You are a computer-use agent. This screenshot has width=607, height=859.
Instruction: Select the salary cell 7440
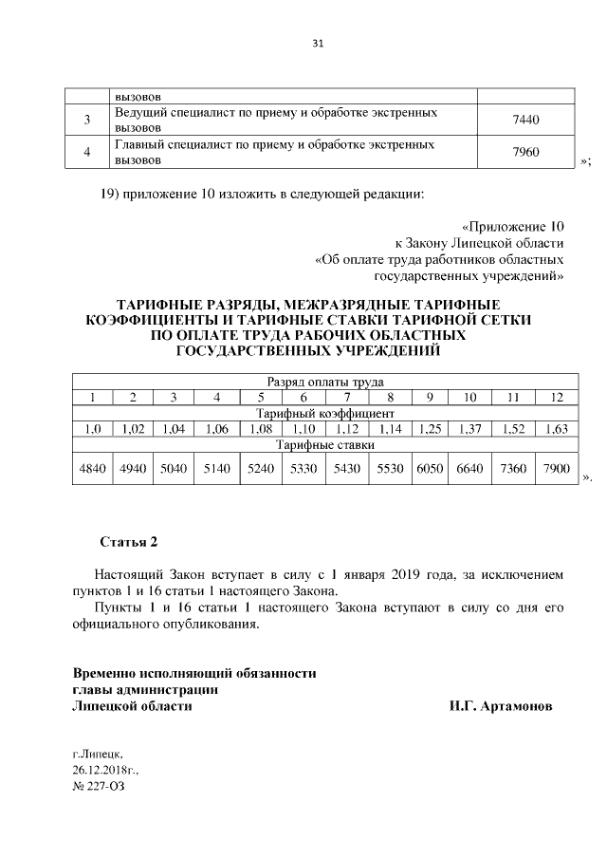click(525, 121)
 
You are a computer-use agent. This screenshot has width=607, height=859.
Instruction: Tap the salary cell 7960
click(525, 152)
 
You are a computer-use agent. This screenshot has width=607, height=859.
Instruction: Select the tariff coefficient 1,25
click(430, 429)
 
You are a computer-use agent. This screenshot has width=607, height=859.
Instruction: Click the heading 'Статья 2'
click(128, 543)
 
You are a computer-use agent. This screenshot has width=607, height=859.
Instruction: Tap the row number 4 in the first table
click(87, 152)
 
